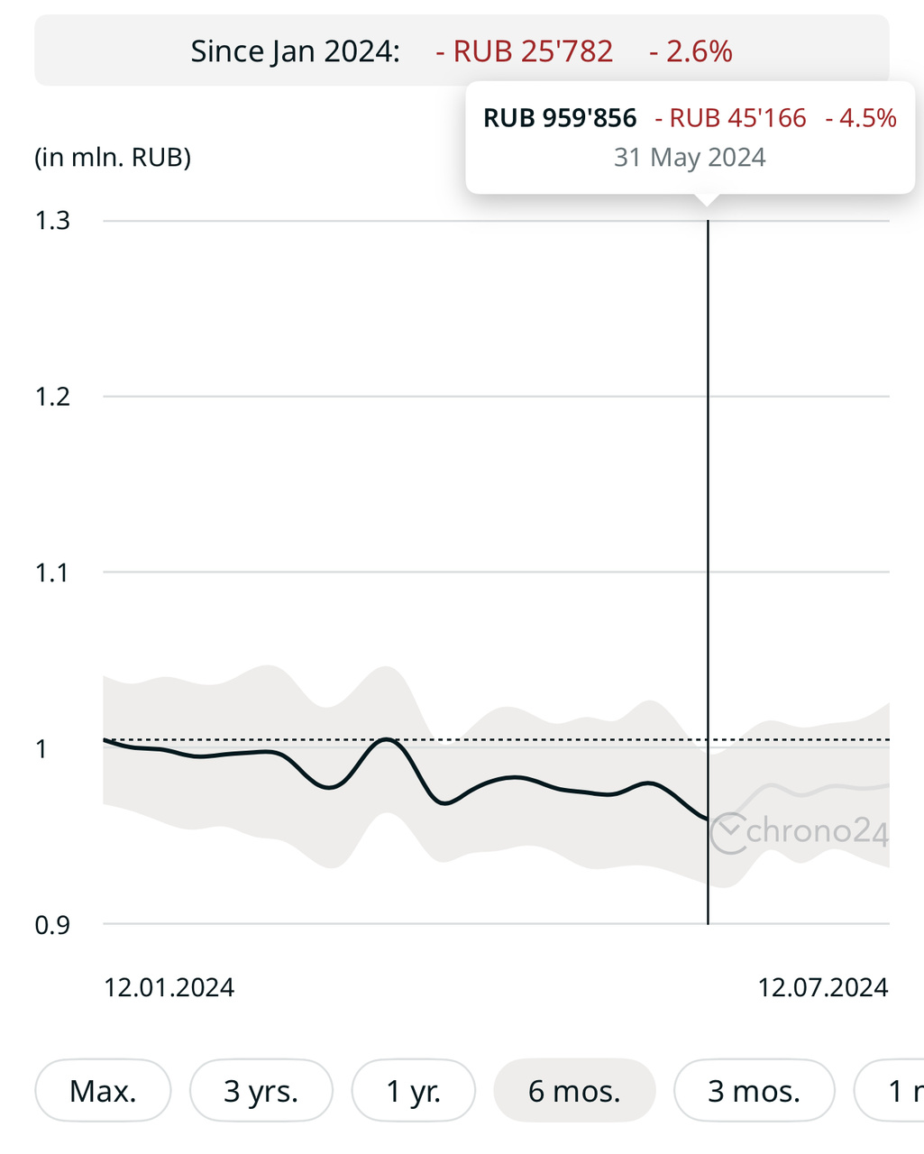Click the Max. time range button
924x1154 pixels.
[103, 1091]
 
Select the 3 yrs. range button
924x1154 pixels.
[261, 1091]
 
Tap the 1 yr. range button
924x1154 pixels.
[414, 1091]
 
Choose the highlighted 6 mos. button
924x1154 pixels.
[574, 1091]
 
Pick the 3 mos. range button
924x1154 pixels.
[755, 1091]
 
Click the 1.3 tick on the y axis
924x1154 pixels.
[53, 221]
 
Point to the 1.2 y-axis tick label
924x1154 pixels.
[53, 397]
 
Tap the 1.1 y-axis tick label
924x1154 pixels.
[53, 572]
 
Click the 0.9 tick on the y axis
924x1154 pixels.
[53, 925]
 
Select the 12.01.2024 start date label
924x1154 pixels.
[169, 987]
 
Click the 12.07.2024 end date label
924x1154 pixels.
[823, 987]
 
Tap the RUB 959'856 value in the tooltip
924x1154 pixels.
[560, 118]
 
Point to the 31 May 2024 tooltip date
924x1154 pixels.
[690, 158]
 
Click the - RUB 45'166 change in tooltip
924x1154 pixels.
[731, 118]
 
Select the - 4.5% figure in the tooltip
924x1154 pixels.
[861, 118]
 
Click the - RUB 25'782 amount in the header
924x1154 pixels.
[525, 51]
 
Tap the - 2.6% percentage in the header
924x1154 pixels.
[691, 51]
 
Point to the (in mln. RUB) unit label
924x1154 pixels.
[113, 158]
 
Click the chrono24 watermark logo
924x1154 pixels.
[799, 831]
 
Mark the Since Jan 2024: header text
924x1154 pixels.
[295, 51]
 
